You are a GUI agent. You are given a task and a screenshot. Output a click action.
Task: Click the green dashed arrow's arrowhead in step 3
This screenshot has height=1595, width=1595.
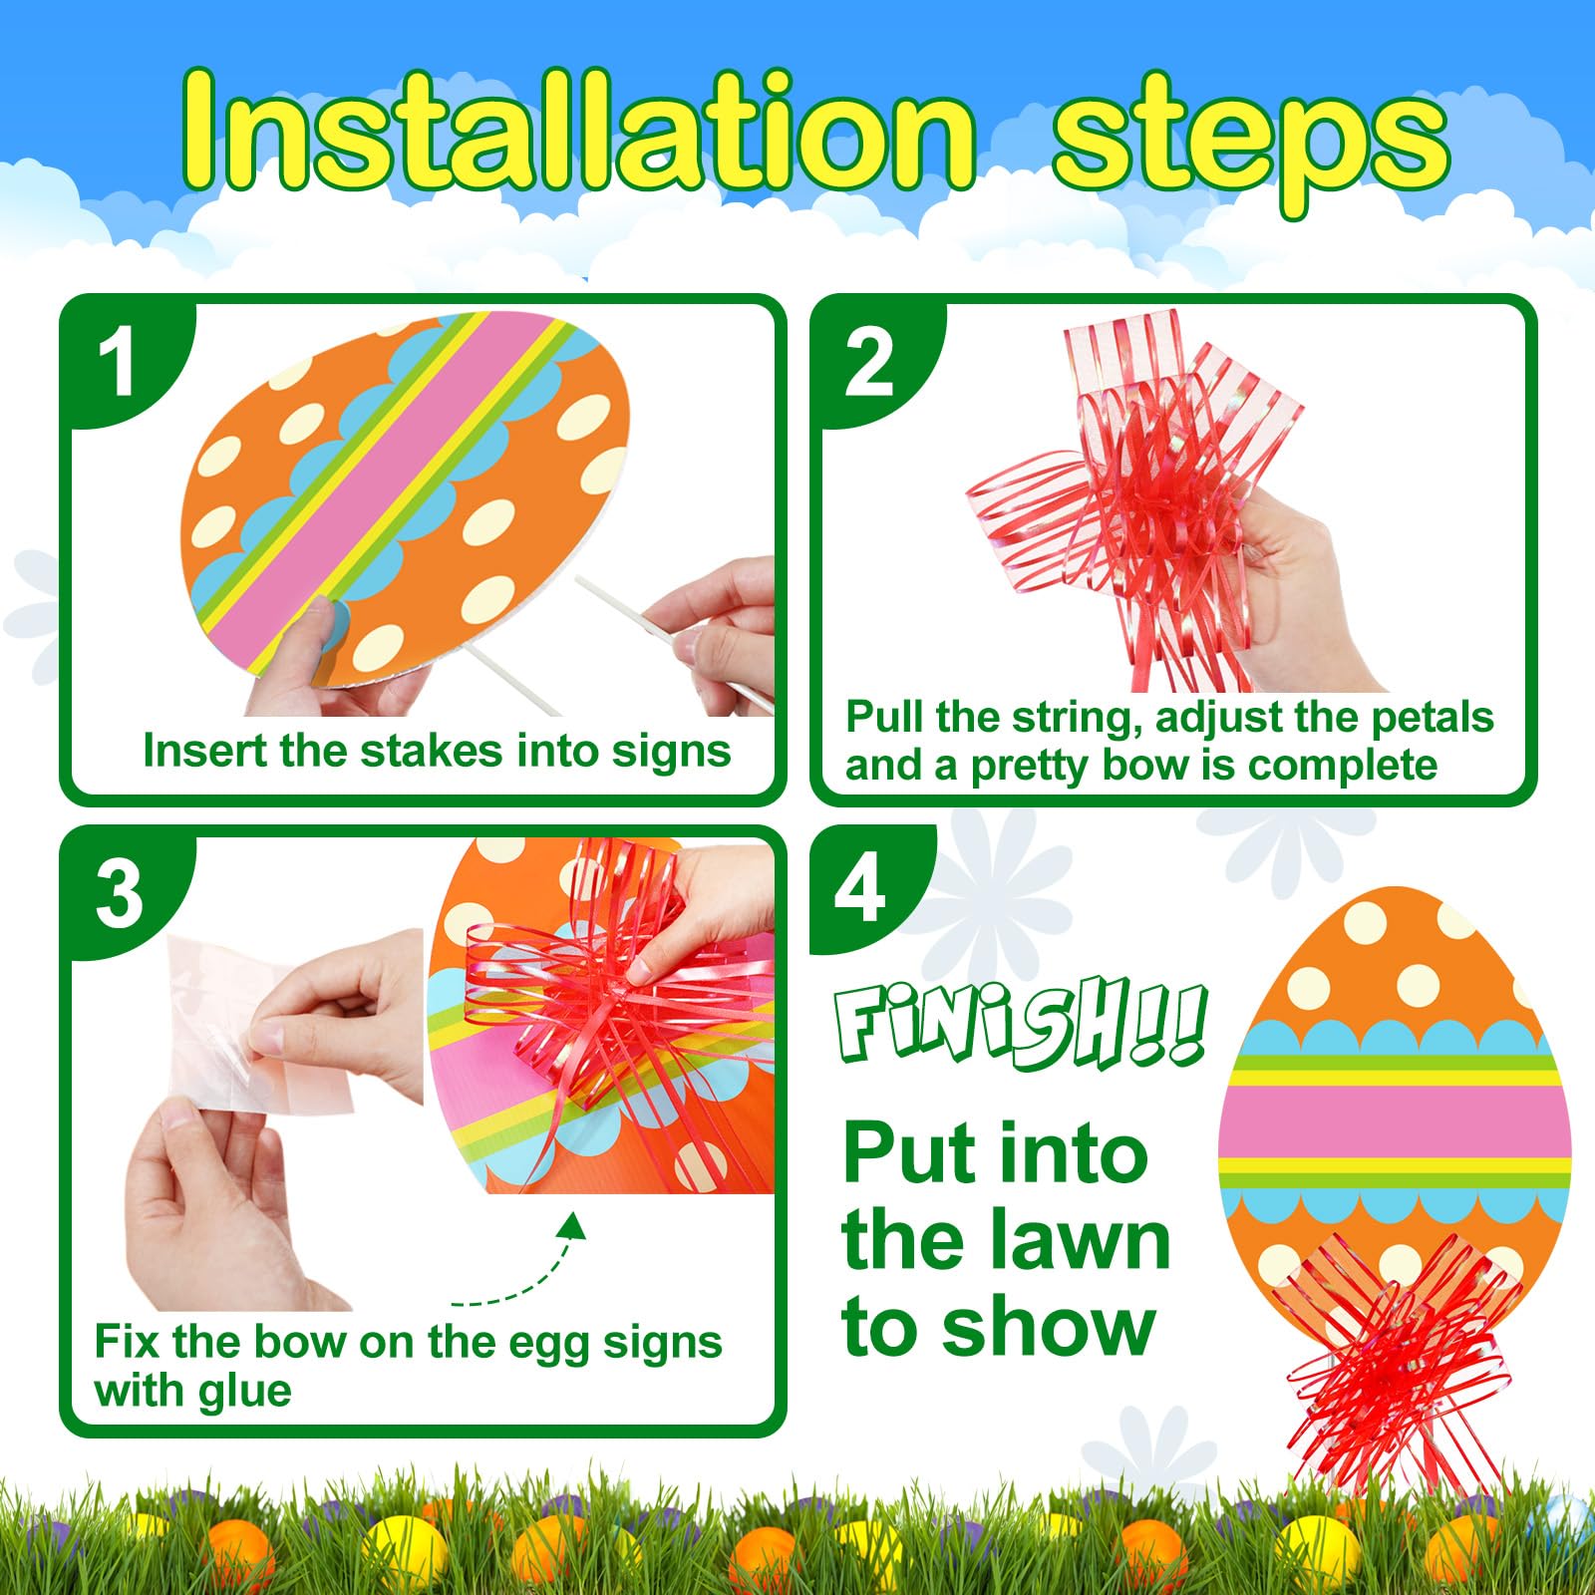point(572,1224)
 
